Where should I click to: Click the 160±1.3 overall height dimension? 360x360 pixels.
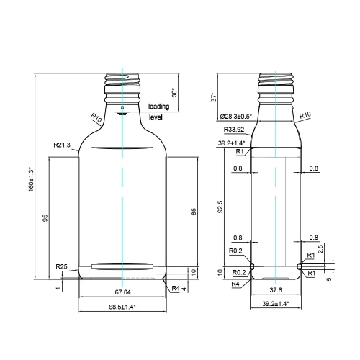[32, 179]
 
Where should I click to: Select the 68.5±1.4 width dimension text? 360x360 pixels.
[122, 307]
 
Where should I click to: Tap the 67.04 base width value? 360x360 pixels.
[122, 292]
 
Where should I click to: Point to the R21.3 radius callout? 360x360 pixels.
[62, 145]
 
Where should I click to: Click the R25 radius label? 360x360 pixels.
[61, 266]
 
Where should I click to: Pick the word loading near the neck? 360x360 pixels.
[158, 107]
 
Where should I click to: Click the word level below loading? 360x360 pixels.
[156, 117]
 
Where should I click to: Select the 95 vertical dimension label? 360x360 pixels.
[45, 218]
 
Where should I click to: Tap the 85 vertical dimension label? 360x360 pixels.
[194, 212]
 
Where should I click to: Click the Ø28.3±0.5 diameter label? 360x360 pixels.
[236, 117]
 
